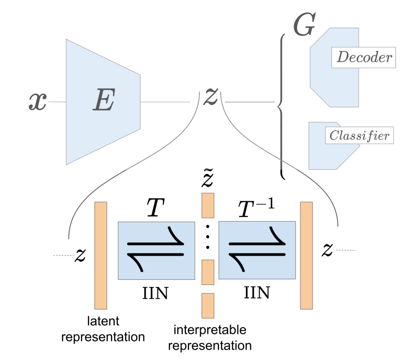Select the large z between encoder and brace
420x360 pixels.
(210, 98)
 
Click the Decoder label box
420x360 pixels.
(363, 58)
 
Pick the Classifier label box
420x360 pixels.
(359, 136)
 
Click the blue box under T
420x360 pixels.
(156, 250)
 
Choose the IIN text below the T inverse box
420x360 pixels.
(257, 292)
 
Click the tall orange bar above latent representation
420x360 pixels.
(101, 255)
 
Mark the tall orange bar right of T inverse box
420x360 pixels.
(306, 255)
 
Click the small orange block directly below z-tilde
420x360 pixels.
(208, 205)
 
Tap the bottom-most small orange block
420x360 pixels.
(208, 305)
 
